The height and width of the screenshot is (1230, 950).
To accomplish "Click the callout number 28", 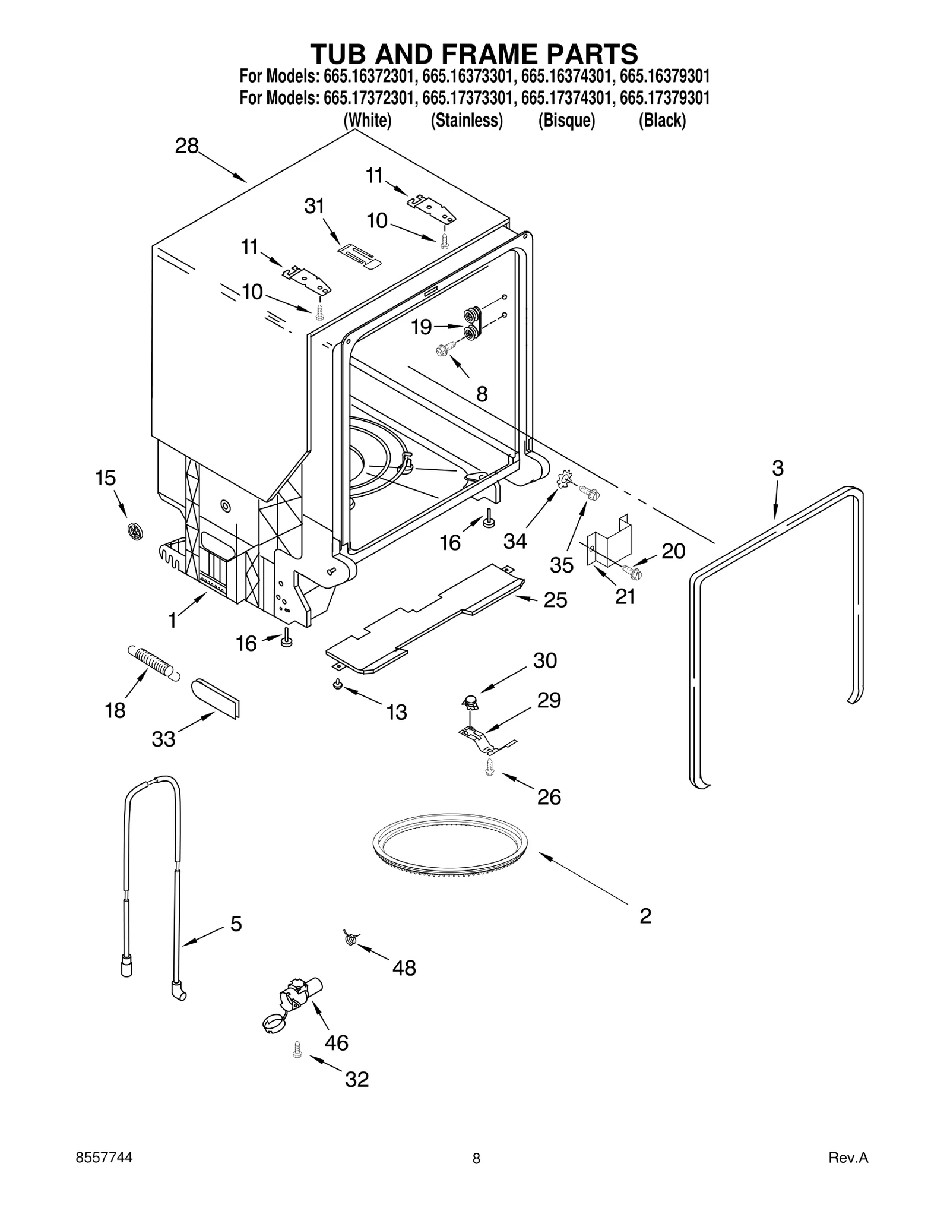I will click(x=186, y=146).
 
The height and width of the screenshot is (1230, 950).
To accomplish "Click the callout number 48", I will click(x=404, y=969).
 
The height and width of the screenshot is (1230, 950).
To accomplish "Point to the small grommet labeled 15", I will click(x=135, y=531).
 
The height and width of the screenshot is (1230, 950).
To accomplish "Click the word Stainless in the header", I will click(x=467, y=121).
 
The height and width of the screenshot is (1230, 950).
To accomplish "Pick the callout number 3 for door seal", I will click(x=778, y=468).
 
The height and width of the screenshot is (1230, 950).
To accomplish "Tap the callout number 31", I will click(x=314, y=206).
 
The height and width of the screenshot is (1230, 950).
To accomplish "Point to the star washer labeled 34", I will click(x=564, y=478).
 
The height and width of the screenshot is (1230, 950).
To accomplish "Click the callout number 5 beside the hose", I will click(x=236, y=924).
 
